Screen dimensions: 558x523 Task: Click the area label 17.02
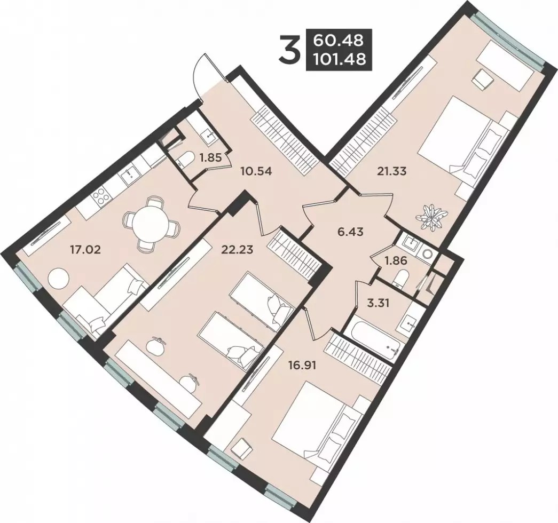[x=84, y=249]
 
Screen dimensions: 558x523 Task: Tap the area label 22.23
[x=237, y=249]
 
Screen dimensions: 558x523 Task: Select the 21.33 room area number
[x=392, y=172]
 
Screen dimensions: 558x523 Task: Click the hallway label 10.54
[x=256, y=171]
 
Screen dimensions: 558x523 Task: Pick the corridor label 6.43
[x=350, y=232]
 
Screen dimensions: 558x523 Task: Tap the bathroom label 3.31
[x=379, y=304]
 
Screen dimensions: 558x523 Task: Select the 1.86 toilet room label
[x=395, y=260]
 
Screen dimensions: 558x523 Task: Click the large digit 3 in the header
[x=289, y=50]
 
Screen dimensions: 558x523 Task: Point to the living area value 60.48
[x=338, y=40]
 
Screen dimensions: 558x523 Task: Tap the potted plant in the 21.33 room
[x=433, y=216]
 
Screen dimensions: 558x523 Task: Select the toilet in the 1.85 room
[x=185, y=159]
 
